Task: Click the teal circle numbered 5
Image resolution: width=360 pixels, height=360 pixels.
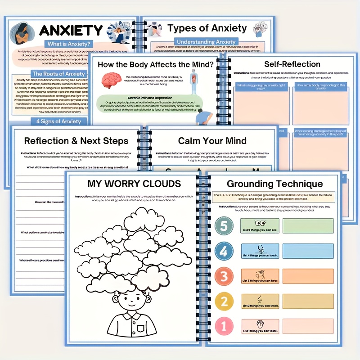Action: point(224,226)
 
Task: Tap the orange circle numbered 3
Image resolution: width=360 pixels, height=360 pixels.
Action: point(224,276)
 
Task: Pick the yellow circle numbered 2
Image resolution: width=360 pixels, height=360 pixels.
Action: point(224,301)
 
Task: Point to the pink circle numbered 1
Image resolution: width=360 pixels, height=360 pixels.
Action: point(224,325)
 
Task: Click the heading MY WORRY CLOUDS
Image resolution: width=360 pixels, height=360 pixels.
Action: point(135,184)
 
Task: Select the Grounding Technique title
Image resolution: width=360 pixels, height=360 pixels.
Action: point(274,184)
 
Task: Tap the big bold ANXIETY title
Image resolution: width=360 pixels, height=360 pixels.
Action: point(71,31)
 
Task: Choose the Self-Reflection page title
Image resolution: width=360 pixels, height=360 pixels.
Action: point(292,64)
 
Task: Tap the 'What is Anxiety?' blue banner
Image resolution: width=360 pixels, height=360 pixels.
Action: point(67,44)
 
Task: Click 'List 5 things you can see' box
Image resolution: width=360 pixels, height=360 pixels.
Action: point(260,225)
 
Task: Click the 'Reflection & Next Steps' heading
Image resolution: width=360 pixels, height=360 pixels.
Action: point(76,141)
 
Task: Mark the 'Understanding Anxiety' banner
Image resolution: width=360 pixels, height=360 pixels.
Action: point(207,42)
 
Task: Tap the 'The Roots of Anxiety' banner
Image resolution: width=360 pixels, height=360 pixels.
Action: point(58,74)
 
